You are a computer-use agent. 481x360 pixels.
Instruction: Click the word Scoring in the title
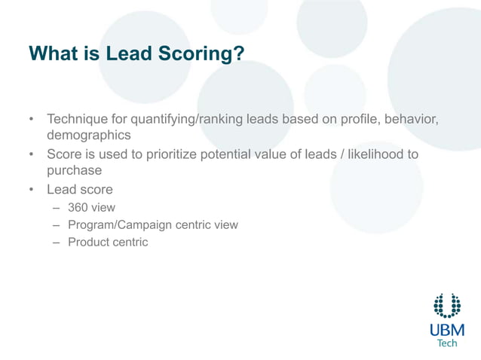point(201,54)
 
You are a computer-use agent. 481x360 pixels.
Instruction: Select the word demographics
point(89,136)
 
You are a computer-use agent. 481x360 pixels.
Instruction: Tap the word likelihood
point(380,154)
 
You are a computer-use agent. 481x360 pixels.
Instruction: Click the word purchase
point(74,171)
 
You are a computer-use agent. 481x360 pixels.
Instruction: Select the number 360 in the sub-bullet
point(78,207)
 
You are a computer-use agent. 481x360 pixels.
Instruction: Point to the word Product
point(88,242)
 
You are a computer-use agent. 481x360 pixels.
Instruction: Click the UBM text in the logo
point(447,330)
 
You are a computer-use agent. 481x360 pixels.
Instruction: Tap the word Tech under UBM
point(447,343)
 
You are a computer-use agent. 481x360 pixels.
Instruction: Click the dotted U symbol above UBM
point(447,305)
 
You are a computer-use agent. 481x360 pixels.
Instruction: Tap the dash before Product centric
point(57,243)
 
